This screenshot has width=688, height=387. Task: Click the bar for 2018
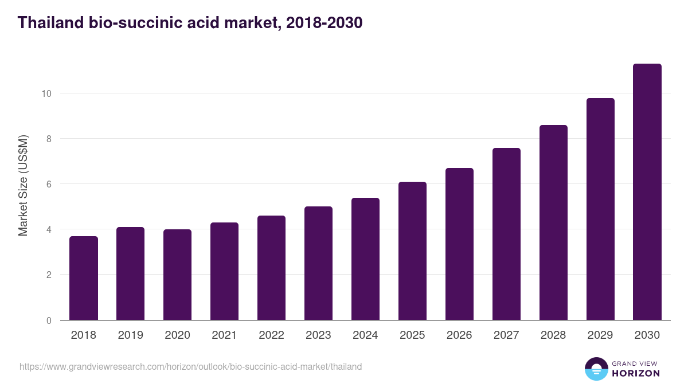[84, 278]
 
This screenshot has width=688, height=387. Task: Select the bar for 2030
[647, 192]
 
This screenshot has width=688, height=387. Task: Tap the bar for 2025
[412, 251]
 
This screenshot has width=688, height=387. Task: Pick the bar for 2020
[177, 275]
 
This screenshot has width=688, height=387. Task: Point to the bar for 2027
[506, 234]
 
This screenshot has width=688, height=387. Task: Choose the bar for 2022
[271, 268]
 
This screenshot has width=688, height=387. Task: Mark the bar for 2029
[600, 209]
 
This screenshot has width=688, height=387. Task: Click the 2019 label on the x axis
[130, 335]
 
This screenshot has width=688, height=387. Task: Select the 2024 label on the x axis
[365, 335]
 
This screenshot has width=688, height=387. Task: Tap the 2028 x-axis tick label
[553, 335]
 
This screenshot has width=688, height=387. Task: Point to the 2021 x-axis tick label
[224, 335]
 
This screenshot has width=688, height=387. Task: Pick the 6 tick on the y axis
[49, 184]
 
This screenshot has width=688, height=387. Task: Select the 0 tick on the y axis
[49, 320]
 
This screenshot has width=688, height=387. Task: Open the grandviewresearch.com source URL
[190, 366]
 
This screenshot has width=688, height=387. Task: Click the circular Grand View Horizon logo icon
[596, 369]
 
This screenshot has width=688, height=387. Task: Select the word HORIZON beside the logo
[636, 373]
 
